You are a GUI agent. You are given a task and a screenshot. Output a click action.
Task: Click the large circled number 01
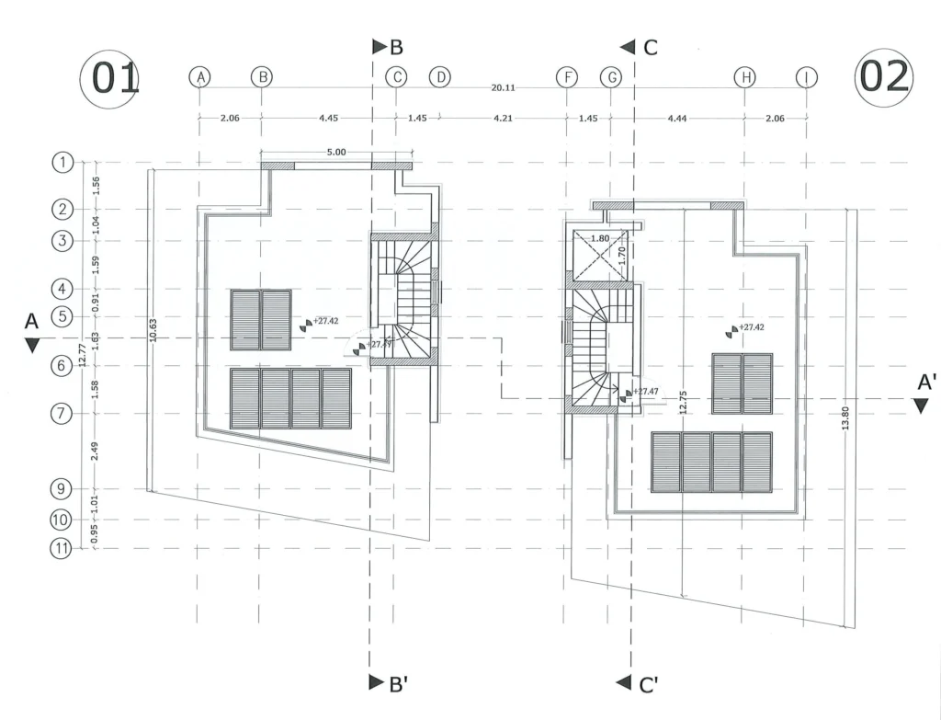coord(110,80)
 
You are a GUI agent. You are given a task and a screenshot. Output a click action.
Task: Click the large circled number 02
coord(883,78)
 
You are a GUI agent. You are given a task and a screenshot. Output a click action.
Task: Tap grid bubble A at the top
coord(199,77)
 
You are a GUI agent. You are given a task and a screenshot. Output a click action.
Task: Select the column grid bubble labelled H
coord(743,77)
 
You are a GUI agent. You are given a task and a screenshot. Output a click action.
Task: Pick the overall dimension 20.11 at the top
coord(503,88)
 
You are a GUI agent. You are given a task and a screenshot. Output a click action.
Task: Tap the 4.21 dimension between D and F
coord(503,118)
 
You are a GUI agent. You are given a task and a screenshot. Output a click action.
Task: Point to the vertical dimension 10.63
coord(155,331)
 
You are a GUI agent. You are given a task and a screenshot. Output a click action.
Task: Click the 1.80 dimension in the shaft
coord(598,239)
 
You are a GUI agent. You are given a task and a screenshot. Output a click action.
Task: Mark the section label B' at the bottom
coord(387,683)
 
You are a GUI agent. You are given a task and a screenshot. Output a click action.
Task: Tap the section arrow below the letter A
coord(32,346)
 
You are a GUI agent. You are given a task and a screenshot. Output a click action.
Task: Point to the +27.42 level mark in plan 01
coord(324,322)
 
